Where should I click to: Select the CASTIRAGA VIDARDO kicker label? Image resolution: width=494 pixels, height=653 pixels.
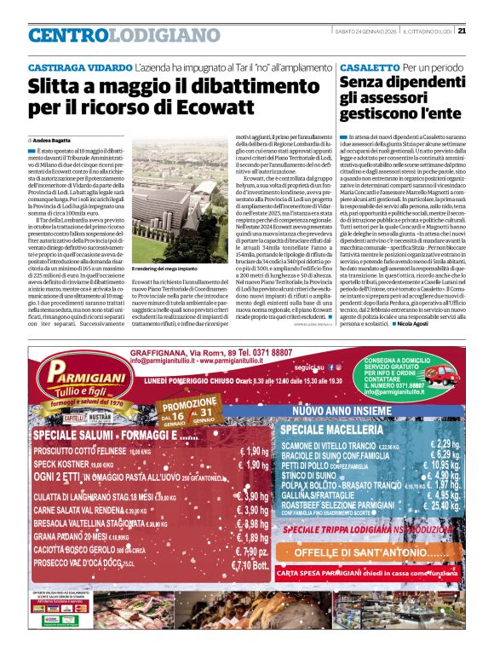80,66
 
